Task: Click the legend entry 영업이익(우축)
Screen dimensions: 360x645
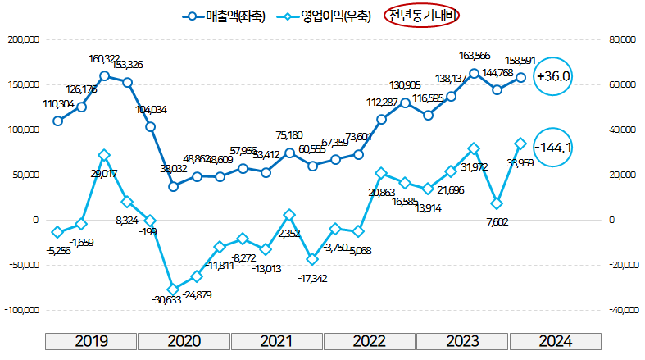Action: coord(324,16)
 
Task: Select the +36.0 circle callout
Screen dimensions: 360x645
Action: coord(552,76)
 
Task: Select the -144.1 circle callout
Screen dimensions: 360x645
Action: coord(552,148)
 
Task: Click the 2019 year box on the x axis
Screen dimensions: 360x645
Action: coord(90,342)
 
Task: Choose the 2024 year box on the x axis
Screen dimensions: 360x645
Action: coord(555,342)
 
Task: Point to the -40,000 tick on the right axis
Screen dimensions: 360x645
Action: coord(623,310)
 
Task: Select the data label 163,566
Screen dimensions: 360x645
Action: coord(475,56)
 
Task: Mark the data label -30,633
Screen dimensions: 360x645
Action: coord(171,300)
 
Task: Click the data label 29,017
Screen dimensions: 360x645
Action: coord(104,174)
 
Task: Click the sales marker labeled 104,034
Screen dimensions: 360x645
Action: coord(151,126)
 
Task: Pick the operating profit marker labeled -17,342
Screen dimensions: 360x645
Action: coord(312,259)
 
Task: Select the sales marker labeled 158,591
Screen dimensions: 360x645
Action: coord(520,78)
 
